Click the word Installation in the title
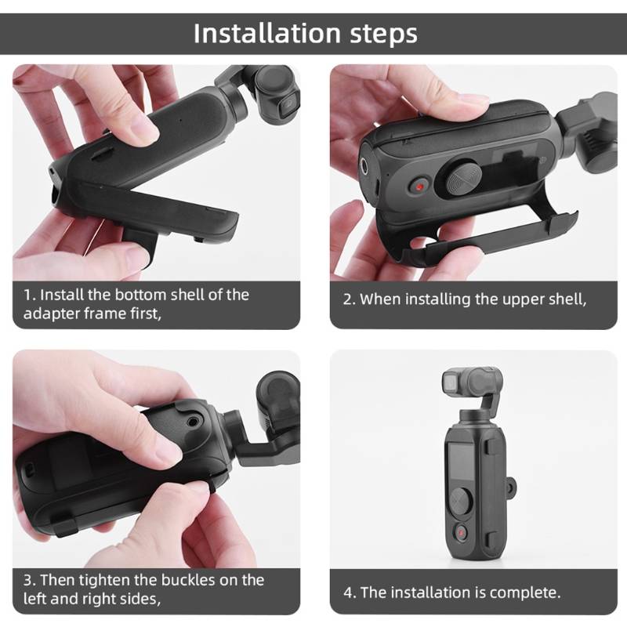(x=266, y=33)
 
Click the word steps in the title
(x=384, y=34)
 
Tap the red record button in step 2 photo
(x=420, y=187)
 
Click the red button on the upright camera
(x=461, y=533)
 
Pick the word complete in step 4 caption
(x=524, y=593)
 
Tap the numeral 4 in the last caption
(x=347, y=593)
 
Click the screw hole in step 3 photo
(x=194, y=421)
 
